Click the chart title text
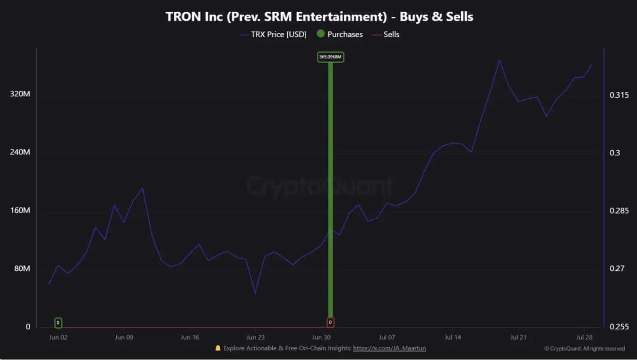point(319,17)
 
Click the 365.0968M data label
point(330,57)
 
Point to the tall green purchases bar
point(330,189)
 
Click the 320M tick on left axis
point(20,94)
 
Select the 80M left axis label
point(21,268)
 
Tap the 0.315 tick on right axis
point(619,95)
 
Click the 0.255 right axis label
point(619,327)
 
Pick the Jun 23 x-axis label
point(255,337)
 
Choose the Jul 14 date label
point(452,337)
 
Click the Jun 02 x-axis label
point(58,337)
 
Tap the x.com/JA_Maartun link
point(389,348)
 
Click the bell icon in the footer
point(218,348)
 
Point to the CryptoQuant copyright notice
point(584,349)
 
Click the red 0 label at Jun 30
point(330,323)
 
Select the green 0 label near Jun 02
point(58,323)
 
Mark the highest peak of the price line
point(499,60)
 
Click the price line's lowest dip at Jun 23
point(255,293)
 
